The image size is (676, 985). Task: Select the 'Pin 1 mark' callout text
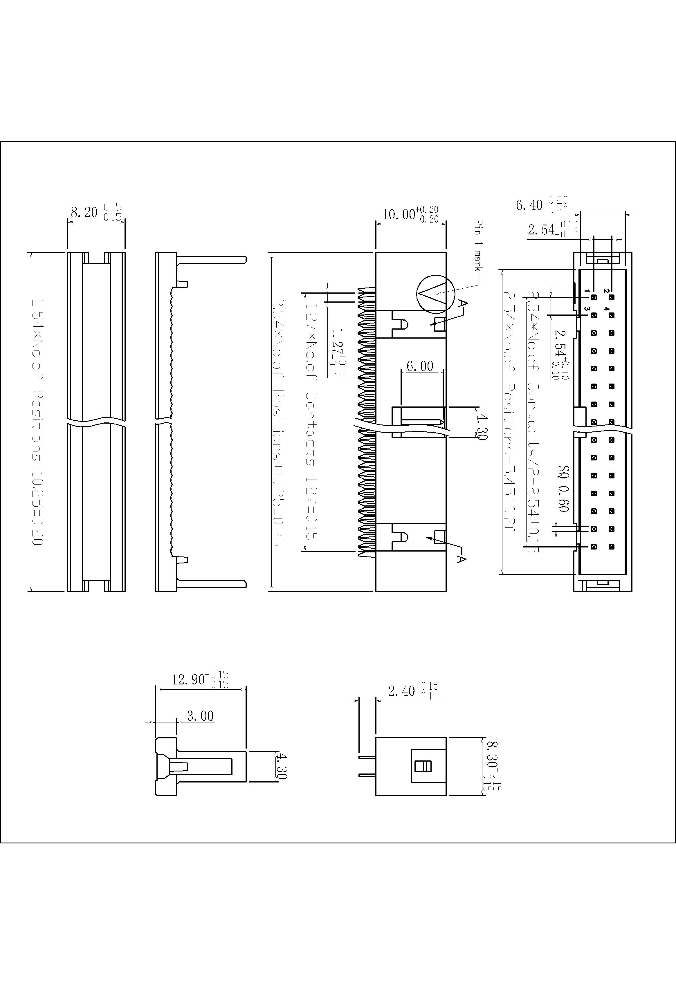pos(478,245)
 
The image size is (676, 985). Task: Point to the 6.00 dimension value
pos(419,366)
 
